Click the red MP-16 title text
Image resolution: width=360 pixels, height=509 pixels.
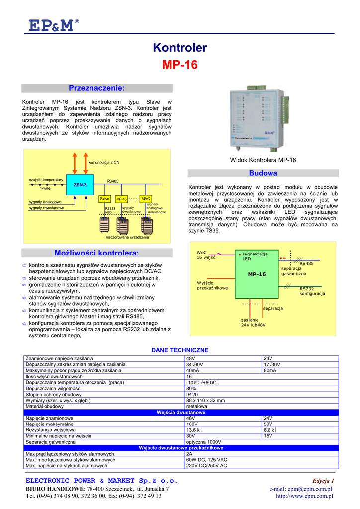[180, 65]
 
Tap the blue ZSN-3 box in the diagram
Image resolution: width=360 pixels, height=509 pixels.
[80, 185]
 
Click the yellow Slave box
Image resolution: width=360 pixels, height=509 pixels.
[105, 199]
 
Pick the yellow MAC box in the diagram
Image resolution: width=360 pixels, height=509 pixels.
[146, 199]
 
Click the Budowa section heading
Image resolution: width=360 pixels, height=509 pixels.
[263, 173]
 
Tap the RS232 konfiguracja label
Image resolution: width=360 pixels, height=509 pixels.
[312, 291]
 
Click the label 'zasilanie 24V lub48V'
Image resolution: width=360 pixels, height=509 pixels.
[253, 322]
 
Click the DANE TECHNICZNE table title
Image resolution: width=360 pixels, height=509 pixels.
[180, 350]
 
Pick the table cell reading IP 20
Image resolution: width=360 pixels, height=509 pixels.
[192, 394]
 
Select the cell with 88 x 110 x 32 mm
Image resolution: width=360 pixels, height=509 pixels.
[205, 400]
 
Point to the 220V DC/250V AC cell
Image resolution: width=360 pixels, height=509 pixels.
[206, 466]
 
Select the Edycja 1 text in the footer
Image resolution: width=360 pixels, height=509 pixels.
[323, 481]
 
